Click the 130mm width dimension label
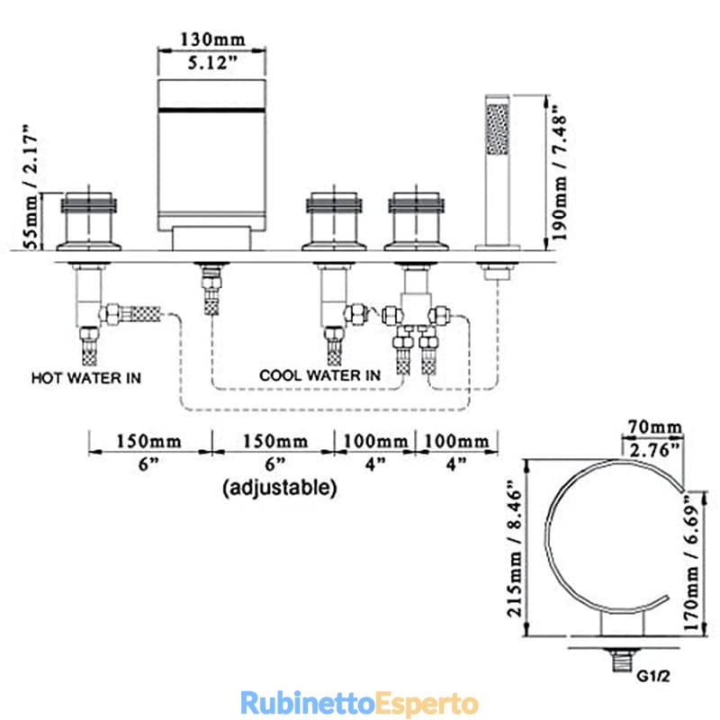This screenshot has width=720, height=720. pyautogui.click(x=212, y=40)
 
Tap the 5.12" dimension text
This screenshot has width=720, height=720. pyautogui.click(x=212, y=63)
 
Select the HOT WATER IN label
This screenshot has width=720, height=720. pyautogui.click(x=85, y=378)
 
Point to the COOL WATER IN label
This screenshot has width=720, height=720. pyautogui.click(x=319, y=375)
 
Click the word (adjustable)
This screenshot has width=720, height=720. pyautogui.click(x=280, y=487)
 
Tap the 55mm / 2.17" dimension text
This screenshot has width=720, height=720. pyautogui.click(x=31, y=186)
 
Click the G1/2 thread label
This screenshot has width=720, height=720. pyautogui.click(x=653, y=676)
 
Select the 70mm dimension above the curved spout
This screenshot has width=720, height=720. pyautogui.click(x=655, y=427)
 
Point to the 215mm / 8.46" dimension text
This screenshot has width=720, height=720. pyautogui.click(x=515, y=549)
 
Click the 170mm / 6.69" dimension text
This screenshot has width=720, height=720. pyautogui.click(x=691, y=562)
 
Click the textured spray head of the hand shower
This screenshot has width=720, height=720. pyautogui.click(x=498, y=129)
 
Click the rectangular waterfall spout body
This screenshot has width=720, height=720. pyautogui.click(x=211, y=155)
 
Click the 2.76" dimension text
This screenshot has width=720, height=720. pyautogui.click(x=655, y=450)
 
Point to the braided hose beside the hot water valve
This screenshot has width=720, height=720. pyautogui.click(x=145, y=313)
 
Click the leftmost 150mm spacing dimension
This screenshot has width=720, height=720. pyautogui.click(x=148, y=442)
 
